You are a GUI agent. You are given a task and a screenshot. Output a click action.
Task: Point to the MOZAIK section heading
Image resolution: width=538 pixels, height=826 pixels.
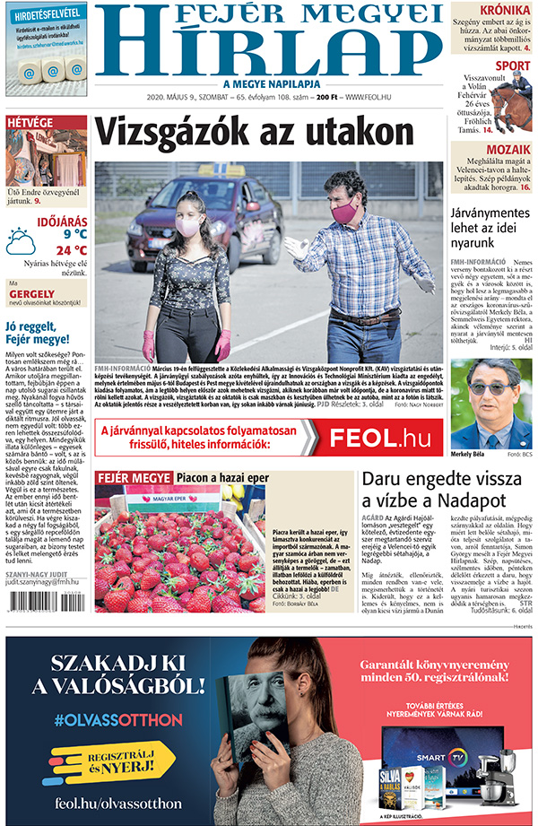(508, 150)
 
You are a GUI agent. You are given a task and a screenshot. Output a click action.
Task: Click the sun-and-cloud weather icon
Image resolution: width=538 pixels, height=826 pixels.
(21, 241)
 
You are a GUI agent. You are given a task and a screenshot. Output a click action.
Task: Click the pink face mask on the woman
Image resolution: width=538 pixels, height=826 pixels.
(187, 227)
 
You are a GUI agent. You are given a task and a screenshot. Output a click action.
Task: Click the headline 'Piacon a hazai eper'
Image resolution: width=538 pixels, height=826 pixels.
(221, 478)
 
